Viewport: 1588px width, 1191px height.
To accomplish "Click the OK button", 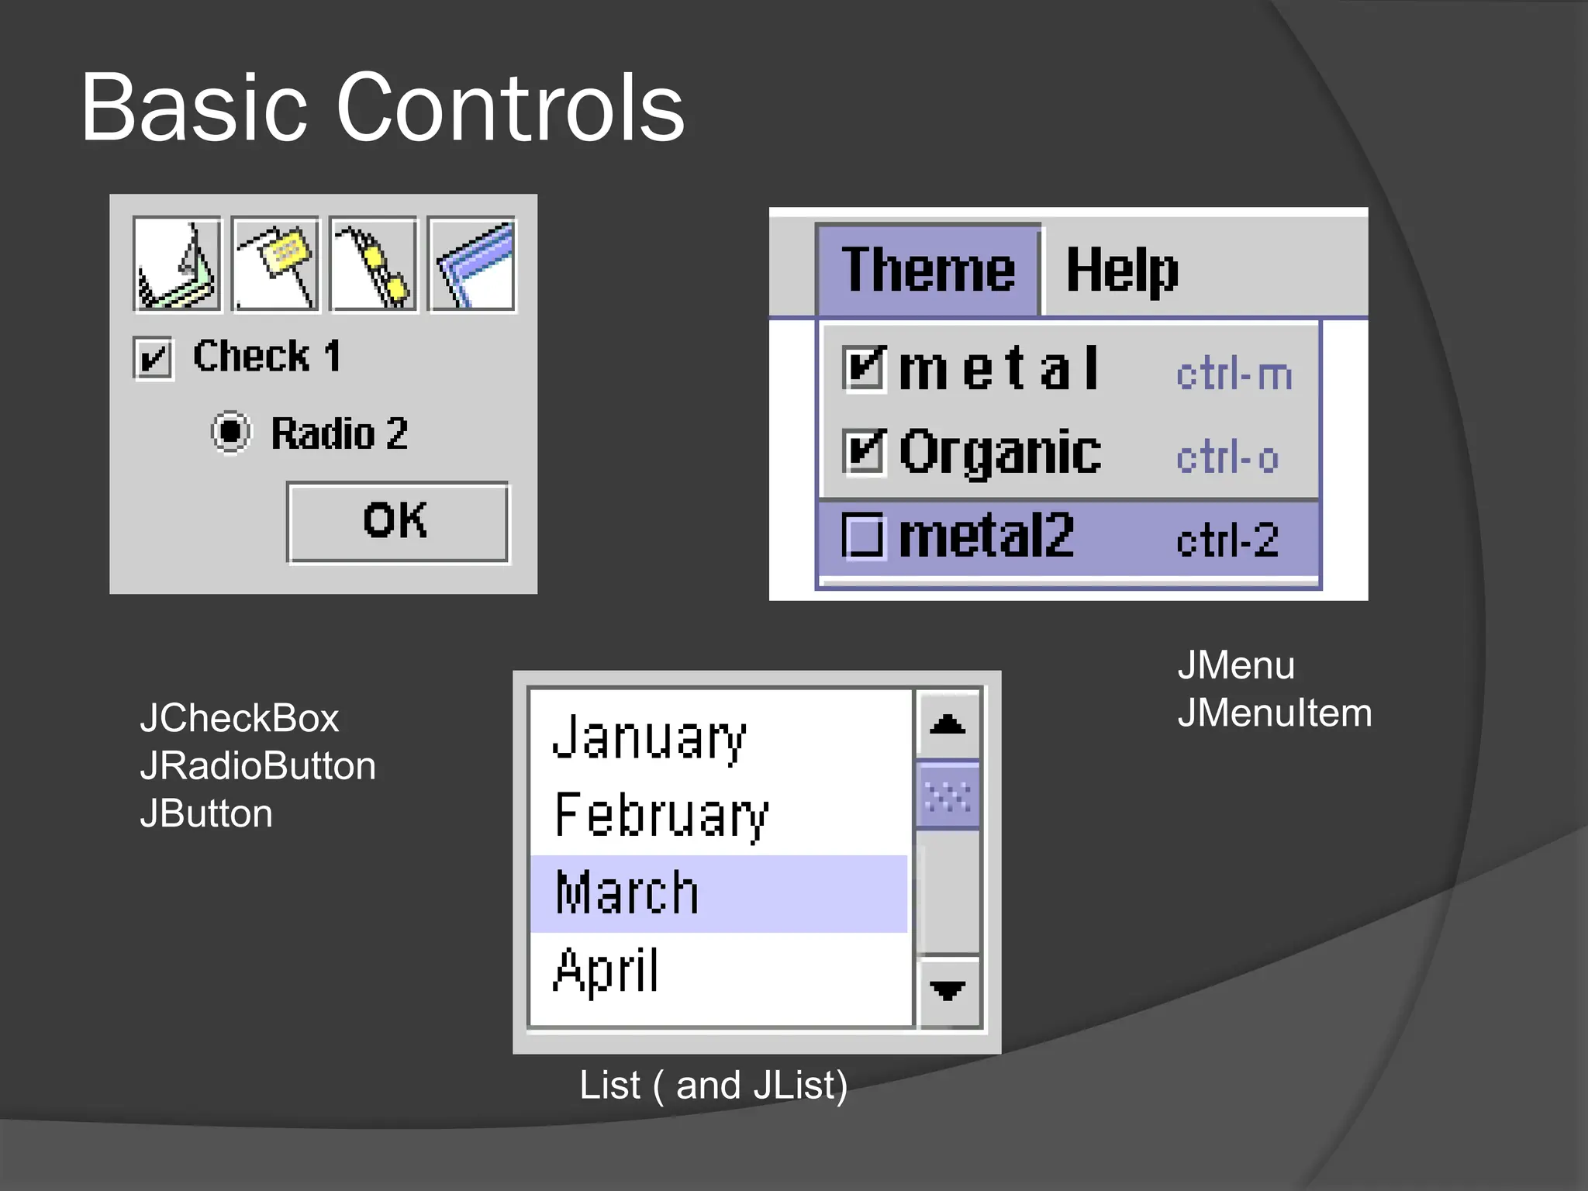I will click(x=397, y=522).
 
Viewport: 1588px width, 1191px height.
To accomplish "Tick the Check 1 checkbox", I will click(x=153, y=358).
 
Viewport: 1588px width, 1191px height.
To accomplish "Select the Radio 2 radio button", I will click(x=231, y=432).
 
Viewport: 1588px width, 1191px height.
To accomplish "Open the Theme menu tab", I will click(x=927, y=270).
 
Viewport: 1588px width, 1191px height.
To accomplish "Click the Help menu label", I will click(x=1121, y=271).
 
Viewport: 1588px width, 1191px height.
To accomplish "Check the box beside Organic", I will click(x=864, y=451).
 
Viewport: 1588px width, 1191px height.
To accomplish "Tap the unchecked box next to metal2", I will click(x=862, y=537).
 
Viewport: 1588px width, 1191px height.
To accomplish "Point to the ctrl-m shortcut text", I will click(x=1233, y=375).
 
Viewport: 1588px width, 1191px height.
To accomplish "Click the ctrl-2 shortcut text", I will click(x=1227, y=540).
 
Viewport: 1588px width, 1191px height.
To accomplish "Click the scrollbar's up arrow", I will click(x=948, y=724).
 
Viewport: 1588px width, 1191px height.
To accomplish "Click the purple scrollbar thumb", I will click(x=948, y=796).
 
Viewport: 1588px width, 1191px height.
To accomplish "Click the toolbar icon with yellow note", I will click(x=275, y=264).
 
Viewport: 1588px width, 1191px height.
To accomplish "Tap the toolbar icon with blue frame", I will click(x=471, y=264).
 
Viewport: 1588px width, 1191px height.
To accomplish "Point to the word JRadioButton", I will click(x=257, y=766).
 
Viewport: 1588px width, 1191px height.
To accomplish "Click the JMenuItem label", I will click(x=1274, y=713).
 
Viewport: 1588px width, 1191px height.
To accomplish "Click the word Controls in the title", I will click(x=510, y=108).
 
